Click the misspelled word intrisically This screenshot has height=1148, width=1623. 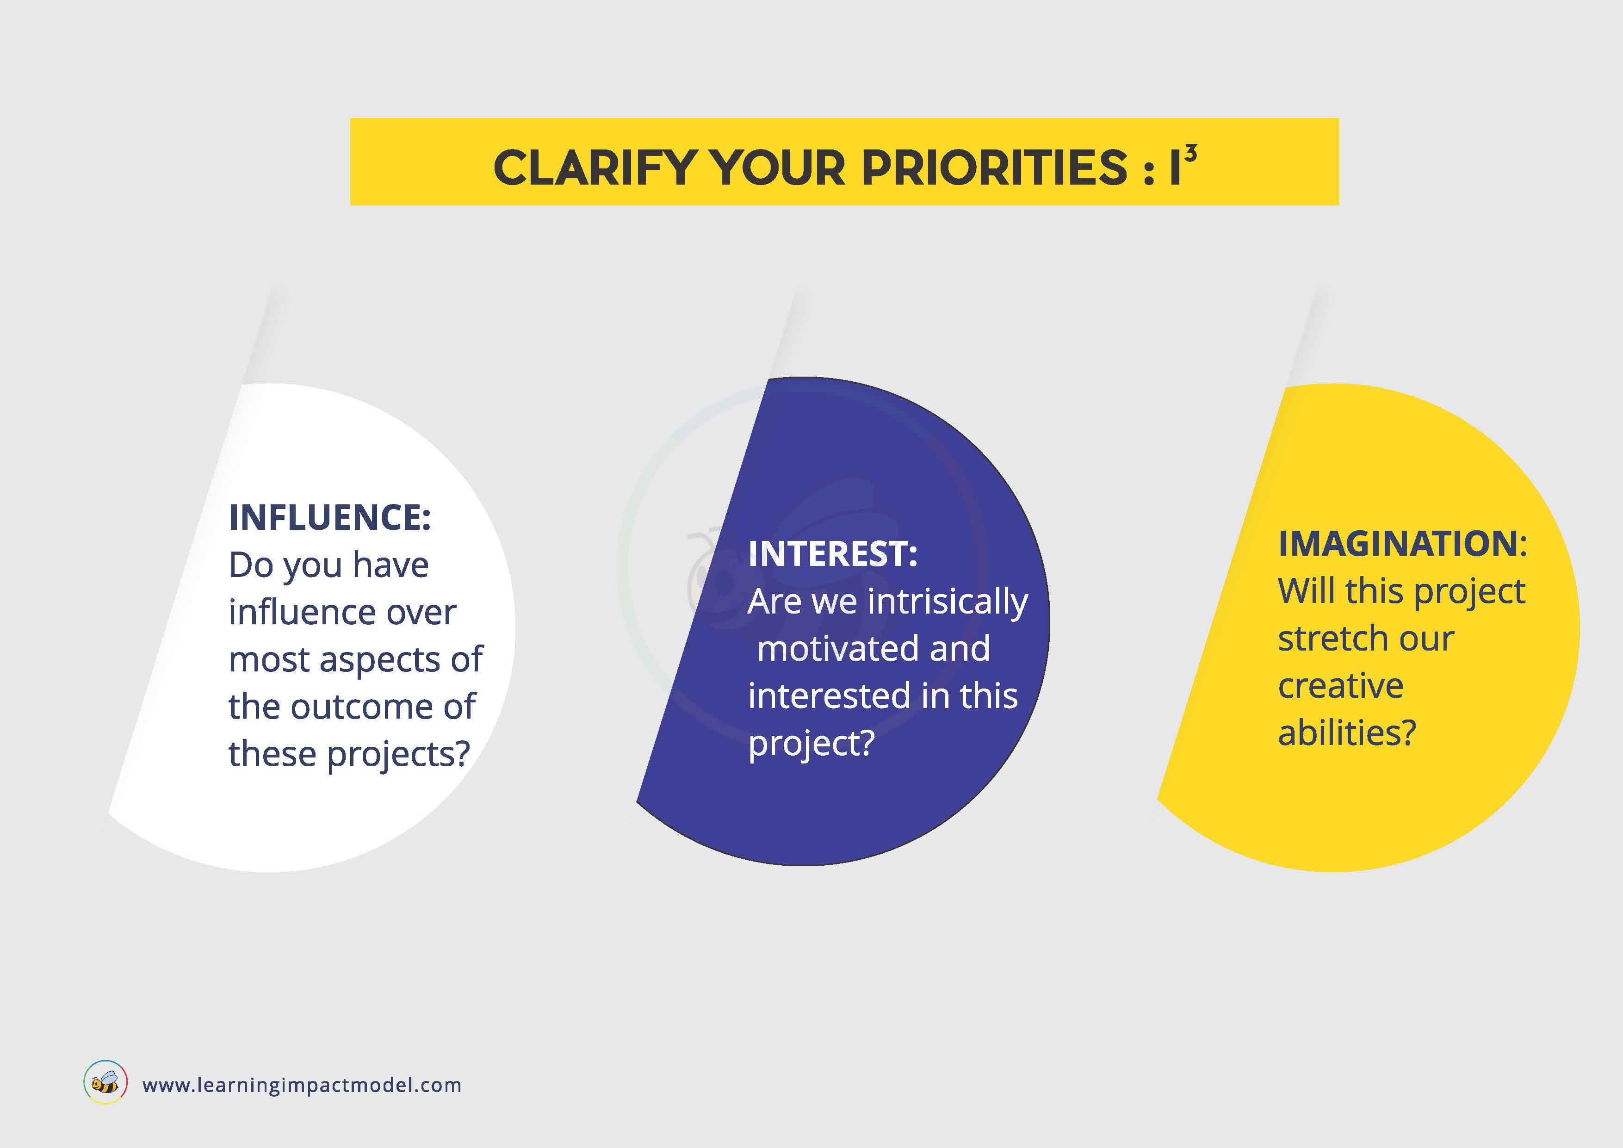[948, 603]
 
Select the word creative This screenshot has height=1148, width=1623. [1340, 686]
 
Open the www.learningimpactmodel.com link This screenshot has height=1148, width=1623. [302, 1085]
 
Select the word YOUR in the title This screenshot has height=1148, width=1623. [778, 168]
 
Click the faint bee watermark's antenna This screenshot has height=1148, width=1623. [702, 537]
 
